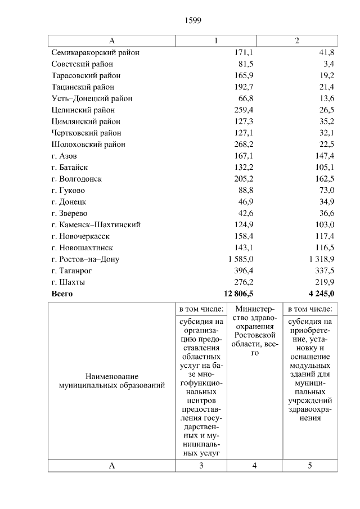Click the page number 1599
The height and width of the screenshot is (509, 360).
click(193, 21)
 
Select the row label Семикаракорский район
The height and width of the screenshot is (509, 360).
click(95, 52)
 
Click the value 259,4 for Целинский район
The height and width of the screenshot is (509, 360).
click(244, 110)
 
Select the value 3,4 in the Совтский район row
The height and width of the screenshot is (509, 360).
click(328, 64)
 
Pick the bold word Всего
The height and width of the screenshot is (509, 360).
click(62, 294)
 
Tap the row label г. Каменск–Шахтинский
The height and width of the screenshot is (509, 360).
click(95, 224)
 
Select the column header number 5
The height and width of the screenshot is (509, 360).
click(309, 466)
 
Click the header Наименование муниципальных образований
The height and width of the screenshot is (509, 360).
click(112, 381)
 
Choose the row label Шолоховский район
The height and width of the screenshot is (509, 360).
click(88, 144)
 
